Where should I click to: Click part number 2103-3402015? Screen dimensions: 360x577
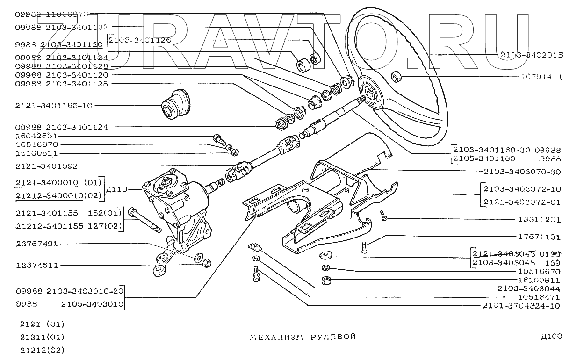click(531, 55)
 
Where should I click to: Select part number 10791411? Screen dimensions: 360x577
click(541, 77)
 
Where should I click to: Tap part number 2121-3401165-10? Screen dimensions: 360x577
click(54, 106)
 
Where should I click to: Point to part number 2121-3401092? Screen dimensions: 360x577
click(46, 166)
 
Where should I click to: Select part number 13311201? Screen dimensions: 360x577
click(539, 219)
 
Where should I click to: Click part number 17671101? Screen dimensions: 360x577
click(539, 237)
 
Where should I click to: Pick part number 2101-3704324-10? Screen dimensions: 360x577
click(522, 306)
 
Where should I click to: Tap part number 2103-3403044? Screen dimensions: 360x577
click(529, 288)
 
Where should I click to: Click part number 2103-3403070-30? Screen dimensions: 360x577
click(522, 172)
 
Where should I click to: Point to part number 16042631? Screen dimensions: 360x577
click(36, 136)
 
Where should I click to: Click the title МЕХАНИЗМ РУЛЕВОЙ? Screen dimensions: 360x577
click(303, 337)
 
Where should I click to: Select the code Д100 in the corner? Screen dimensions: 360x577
click(551, 336)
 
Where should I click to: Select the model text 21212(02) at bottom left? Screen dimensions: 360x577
click(42, 350)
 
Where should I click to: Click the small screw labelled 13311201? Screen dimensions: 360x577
click(383, 216)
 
